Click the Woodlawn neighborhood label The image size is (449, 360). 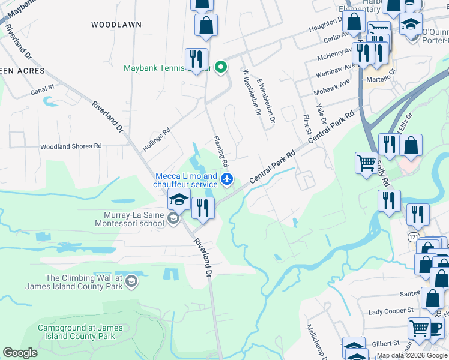(x=116, y=25)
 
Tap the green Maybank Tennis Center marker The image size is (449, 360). (x=221, y=67)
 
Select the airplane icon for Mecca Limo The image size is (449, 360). (x=227, y=179)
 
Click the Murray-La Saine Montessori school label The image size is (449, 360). (x=128, y=218)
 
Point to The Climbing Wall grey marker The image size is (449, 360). (x=131, y=281)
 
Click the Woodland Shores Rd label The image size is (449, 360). (x=71, y=146)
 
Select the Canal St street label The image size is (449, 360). (x=43, y=87)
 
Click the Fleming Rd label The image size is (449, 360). (x=221, y=151)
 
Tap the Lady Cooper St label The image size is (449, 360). (x=391, y=311)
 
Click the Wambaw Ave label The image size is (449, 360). (x=333, y=70)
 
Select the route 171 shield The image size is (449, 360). (x=414, y=238)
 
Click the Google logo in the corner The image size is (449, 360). (x=20, y=353)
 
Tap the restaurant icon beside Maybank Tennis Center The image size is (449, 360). (x=196, y=59)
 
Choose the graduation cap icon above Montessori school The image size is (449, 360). (x=179, y=199)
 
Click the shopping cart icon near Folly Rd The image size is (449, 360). (x=366, y=162)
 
